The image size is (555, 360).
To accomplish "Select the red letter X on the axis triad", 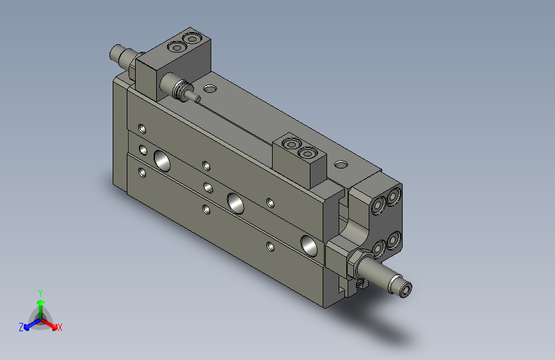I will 60,327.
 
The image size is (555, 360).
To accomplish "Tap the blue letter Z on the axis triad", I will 21,327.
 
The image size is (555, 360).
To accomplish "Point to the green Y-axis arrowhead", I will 40,302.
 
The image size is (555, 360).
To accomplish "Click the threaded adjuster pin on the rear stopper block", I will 181,87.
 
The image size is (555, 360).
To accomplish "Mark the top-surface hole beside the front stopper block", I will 341,164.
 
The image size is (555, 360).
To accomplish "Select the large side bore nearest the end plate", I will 310,244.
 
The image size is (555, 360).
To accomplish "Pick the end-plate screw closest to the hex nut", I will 378,247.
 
